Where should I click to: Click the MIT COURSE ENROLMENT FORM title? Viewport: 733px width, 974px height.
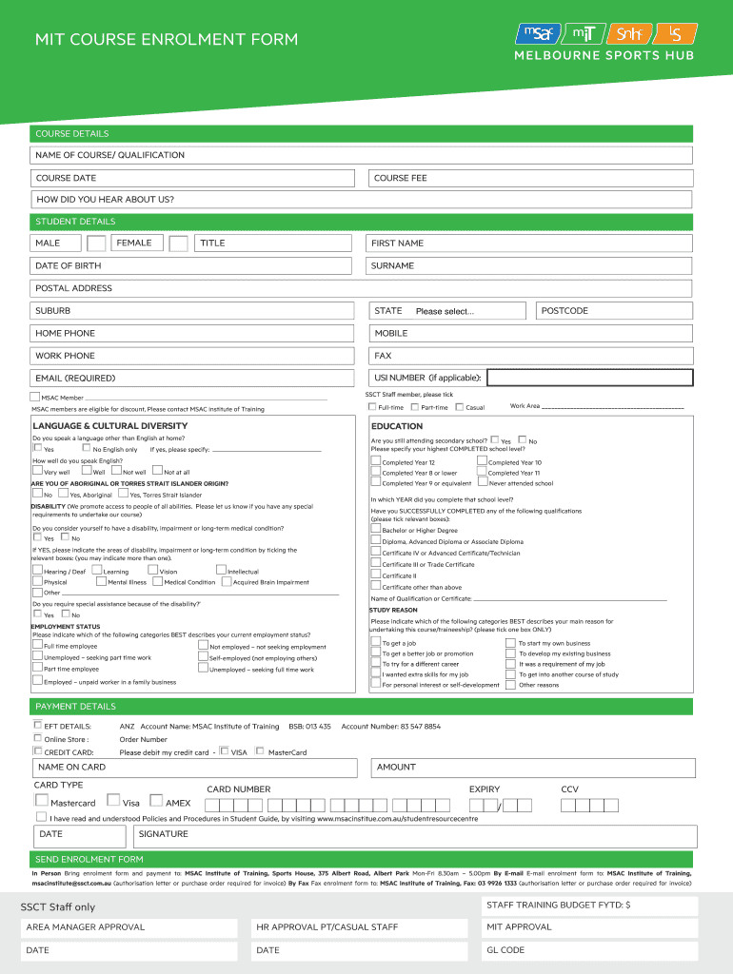pos(167,40)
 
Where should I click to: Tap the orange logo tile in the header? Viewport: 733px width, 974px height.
pos(630,35)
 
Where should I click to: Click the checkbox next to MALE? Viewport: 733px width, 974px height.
pos(96,243)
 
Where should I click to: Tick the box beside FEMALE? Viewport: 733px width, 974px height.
pos(178,243)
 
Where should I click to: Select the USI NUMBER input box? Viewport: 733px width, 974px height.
pos(589,378)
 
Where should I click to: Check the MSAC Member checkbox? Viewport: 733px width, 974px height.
pos(35,397)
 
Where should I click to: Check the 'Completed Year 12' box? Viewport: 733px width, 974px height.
pos(375,461)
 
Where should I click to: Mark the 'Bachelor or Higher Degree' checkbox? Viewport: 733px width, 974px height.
pos(375,529)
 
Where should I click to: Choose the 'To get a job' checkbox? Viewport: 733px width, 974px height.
pos(375,642)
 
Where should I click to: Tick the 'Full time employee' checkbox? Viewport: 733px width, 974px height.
pos(37,646)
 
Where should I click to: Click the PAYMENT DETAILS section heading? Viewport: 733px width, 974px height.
pos(75,707)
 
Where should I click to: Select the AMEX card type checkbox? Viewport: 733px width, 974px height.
pos(158,801)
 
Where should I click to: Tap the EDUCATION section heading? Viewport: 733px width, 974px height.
pos(397,426)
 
